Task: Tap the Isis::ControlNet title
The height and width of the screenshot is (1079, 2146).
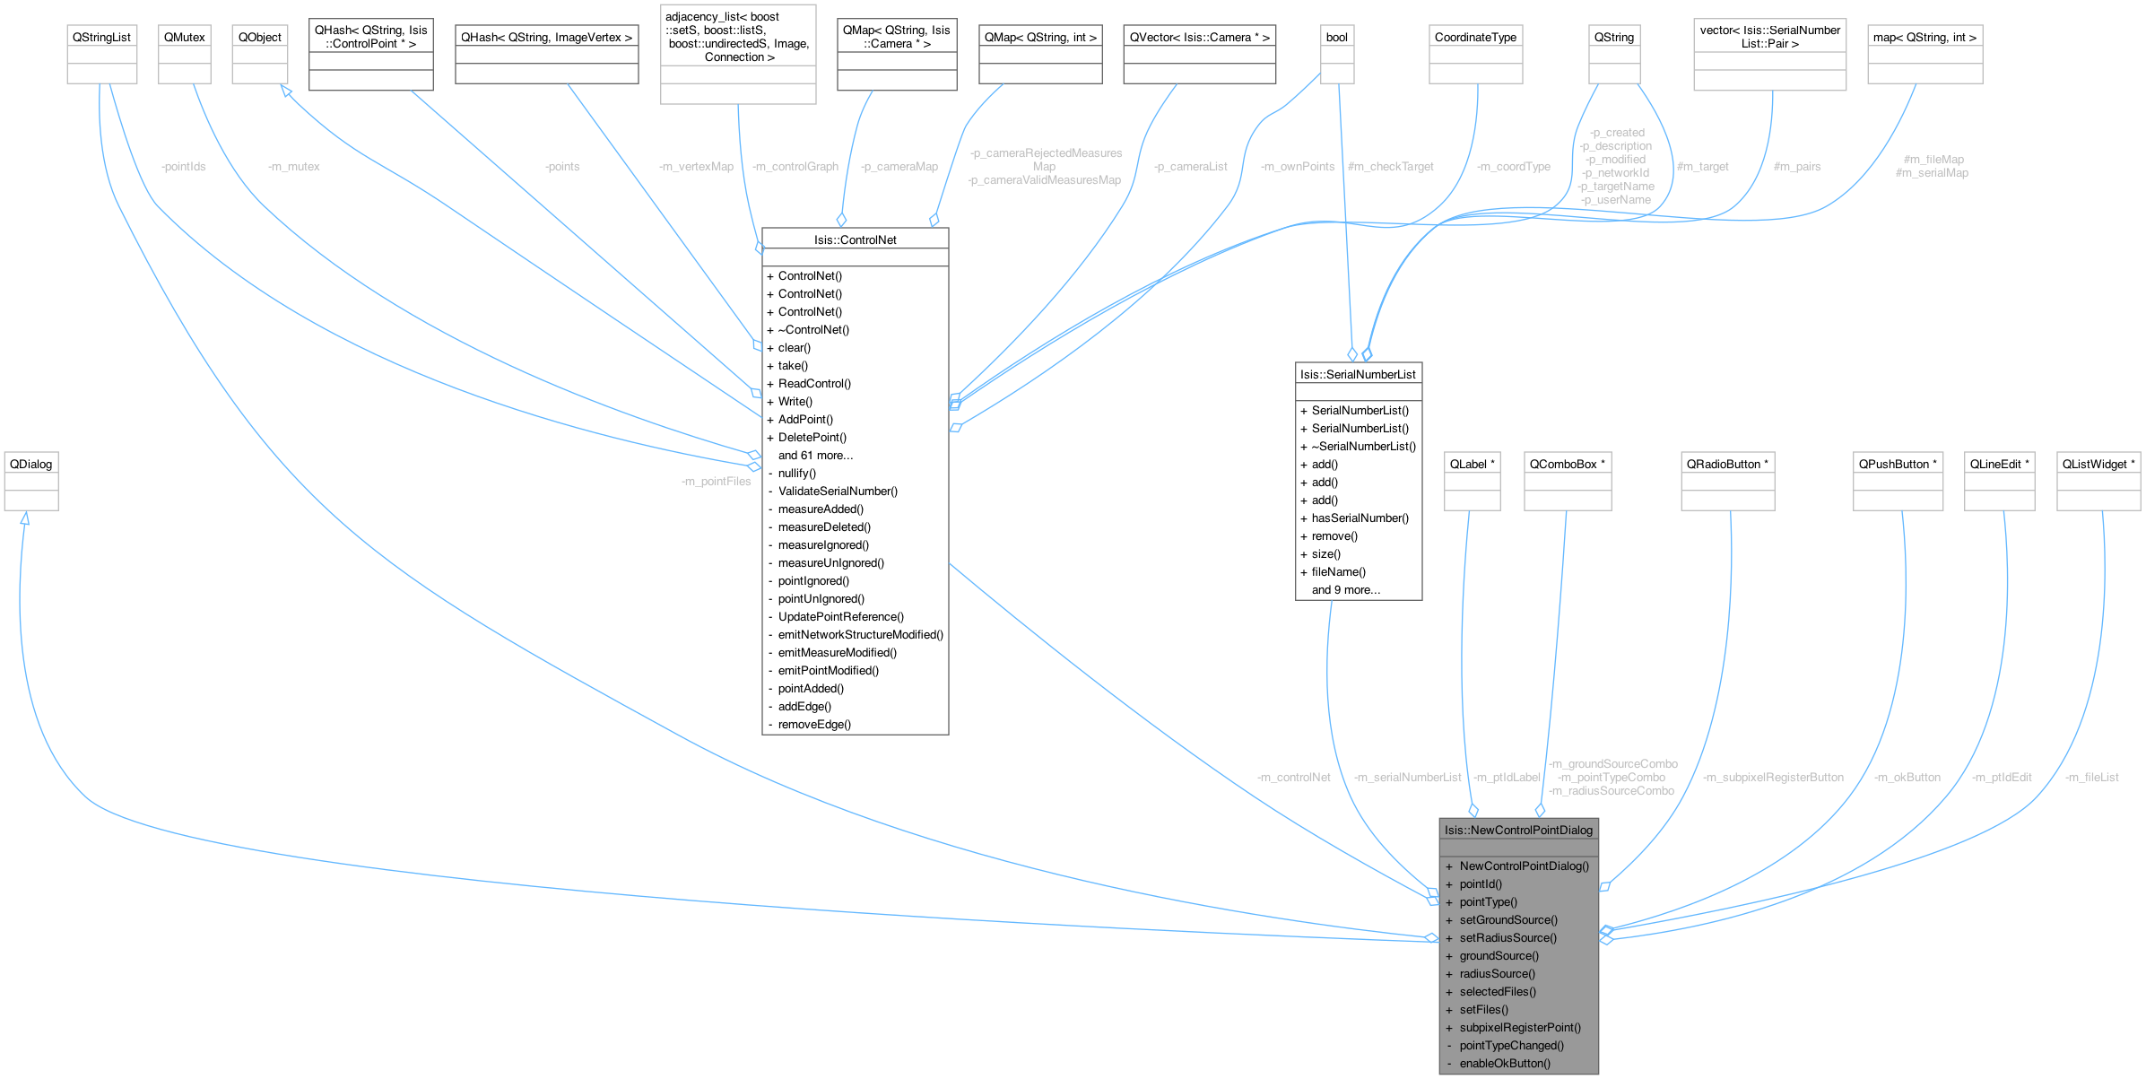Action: pyautogui.click(x=855, y=240)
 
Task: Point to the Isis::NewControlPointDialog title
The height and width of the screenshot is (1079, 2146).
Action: pyautogui.click(x=1518, y=831)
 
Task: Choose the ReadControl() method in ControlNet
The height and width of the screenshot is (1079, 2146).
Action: pyautogui.click(x=814, y=384)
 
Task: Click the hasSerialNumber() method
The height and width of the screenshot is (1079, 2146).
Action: pyautogui.click(x=1360, y=518)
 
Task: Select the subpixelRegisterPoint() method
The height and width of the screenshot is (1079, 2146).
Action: pyautogui.click(x=1520, y=1028)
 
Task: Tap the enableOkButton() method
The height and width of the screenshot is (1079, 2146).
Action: pyautogui.click(x=1505, y=1064)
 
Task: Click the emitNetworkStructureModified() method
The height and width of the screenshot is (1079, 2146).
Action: pyautogui.click(x=860, y=635)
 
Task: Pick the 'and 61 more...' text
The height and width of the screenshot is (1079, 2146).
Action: pyautogui.click(x=815, y=456)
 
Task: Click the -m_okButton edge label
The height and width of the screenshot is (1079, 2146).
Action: pyautogui.click(x=1907, y=778)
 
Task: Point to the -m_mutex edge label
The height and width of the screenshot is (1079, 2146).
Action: pyautogui.click(x=293, y=167)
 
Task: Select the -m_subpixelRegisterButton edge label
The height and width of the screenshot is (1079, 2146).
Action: pyautogui.click(x=1773, y=778)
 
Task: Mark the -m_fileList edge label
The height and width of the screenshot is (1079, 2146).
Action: pyautogui.click(x=2091, y=778)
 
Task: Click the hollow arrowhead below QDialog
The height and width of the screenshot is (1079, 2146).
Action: pyautogui.click(x=25, y=518)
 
